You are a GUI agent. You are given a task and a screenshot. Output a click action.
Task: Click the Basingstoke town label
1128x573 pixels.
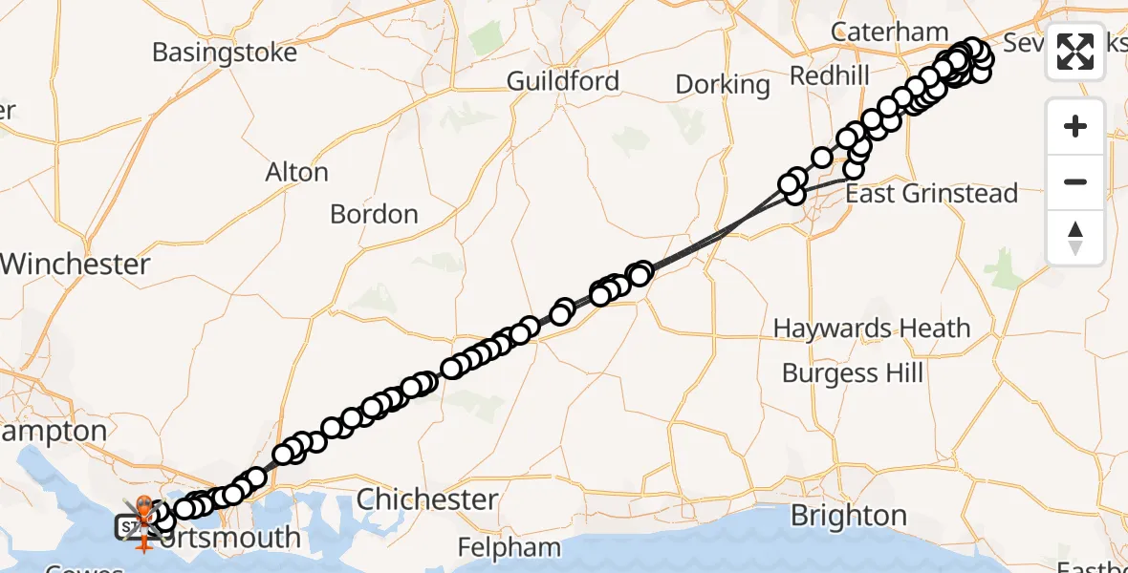click(x=225, y=52)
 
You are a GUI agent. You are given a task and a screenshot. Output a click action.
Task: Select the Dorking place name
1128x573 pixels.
click(x=723, y=85)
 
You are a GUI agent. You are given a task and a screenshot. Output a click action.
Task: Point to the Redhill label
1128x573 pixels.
click(x=831, y=76)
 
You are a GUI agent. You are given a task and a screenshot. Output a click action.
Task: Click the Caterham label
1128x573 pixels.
click(x=890, y=32)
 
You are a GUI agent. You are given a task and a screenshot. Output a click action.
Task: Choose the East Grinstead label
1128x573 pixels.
click(x=932, y=194)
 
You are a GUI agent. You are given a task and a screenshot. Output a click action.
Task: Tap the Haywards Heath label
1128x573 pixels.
click(x=872, y=329)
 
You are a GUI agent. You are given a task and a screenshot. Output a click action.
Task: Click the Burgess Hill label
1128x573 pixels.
click(x=853, y=372)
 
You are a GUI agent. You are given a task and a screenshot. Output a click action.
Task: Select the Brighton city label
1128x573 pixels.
click(x=848, y=516)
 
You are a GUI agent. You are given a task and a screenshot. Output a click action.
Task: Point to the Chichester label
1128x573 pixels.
click(x=427, y=499)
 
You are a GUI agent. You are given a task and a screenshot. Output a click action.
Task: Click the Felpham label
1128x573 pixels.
click(x=509, y=548)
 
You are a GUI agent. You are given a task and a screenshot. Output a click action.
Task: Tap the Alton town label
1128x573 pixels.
click(x=296, y=173)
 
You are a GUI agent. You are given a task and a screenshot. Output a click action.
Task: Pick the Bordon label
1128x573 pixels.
click(x=374, y=214)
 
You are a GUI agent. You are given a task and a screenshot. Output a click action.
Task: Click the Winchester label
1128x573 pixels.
click(x=76, y=265)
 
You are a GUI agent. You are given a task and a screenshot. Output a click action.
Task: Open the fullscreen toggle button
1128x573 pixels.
click(x=1075, y=52)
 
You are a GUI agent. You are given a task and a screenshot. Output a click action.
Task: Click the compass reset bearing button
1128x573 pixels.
click(x=1075, y=238)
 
